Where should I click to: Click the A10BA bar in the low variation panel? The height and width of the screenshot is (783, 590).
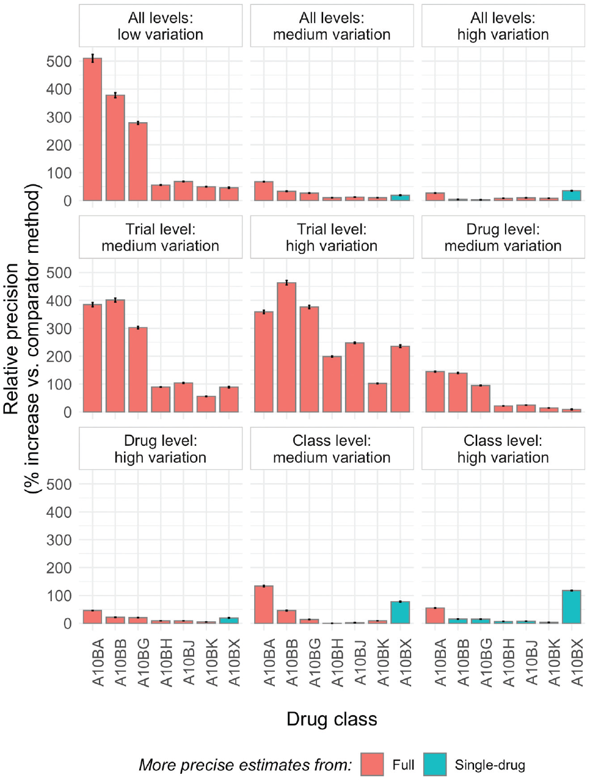coord(92,129)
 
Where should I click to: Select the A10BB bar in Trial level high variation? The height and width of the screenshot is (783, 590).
coord(286,348)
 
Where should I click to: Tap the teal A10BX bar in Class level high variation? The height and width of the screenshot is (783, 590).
coord(572,607)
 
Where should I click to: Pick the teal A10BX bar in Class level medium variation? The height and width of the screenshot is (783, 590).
coord(400,613)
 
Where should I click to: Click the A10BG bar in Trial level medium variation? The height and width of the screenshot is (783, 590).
coord(138,370)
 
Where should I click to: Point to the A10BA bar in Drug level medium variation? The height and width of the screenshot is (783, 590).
coord(435,392)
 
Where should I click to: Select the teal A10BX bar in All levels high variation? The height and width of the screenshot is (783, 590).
coord(572,196)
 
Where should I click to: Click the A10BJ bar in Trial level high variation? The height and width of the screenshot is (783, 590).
coord(355,377)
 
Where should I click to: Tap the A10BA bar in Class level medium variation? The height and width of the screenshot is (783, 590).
coord(264,605)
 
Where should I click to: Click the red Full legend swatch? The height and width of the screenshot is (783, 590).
coord(372,765)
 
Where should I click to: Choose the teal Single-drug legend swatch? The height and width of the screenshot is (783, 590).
coord(435,765)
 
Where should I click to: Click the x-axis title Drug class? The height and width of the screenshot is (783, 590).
coord(332,719)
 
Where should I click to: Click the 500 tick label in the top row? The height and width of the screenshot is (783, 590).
coord(59,61)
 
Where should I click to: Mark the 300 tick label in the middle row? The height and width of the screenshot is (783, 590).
coord(59,329)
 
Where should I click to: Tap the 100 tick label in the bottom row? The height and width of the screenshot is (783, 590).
coord(59,595)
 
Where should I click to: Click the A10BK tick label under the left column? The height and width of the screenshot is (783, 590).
coord(211,663)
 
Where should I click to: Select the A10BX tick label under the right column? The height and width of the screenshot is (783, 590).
coord(577,663)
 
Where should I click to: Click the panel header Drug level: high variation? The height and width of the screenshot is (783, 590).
coord(161,449)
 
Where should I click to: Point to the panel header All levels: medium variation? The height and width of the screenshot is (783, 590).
coord(332,26)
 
